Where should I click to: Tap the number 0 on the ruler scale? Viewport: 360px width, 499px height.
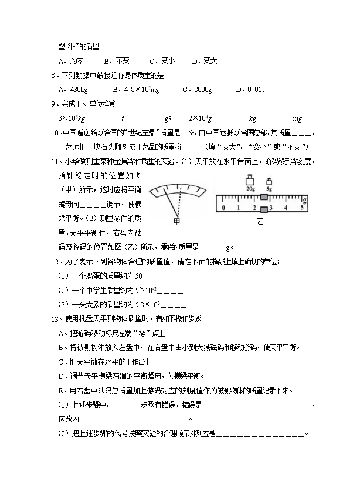tap(224, 208)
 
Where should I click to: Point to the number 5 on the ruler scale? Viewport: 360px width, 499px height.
tap(301, 208)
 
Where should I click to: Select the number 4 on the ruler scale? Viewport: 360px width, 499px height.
tap(286, 208)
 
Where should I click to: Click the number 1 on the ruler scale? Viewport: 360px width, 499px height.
tap(239, 208)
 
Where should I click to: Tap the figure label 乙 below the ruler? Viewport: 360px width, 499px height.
tap(260, 222)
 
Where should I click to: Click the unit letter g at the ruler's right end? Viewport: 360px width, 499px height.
tap(304, 199)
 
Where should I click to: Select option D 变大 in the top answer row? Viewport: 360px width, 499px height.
tap(205, 60)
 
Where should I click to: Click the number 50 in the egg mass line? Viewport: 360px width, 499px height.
tap(138, 276)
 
